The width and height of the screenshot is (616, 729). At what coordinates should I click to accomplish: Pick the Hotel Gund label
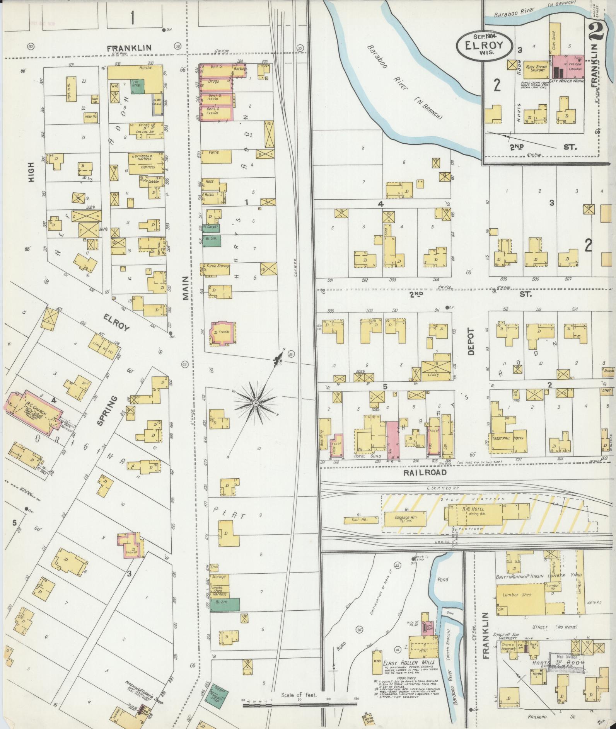pos(365,456)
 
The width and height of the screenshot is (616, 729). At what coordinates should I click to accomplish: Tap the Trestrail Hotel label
pos(507,438)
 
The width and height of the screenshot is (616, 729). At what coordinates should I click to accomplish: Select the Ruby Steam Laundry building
pos(536,68)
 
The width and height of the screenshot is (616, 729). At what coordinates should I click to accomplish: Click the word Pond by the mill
pos(442,579)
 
